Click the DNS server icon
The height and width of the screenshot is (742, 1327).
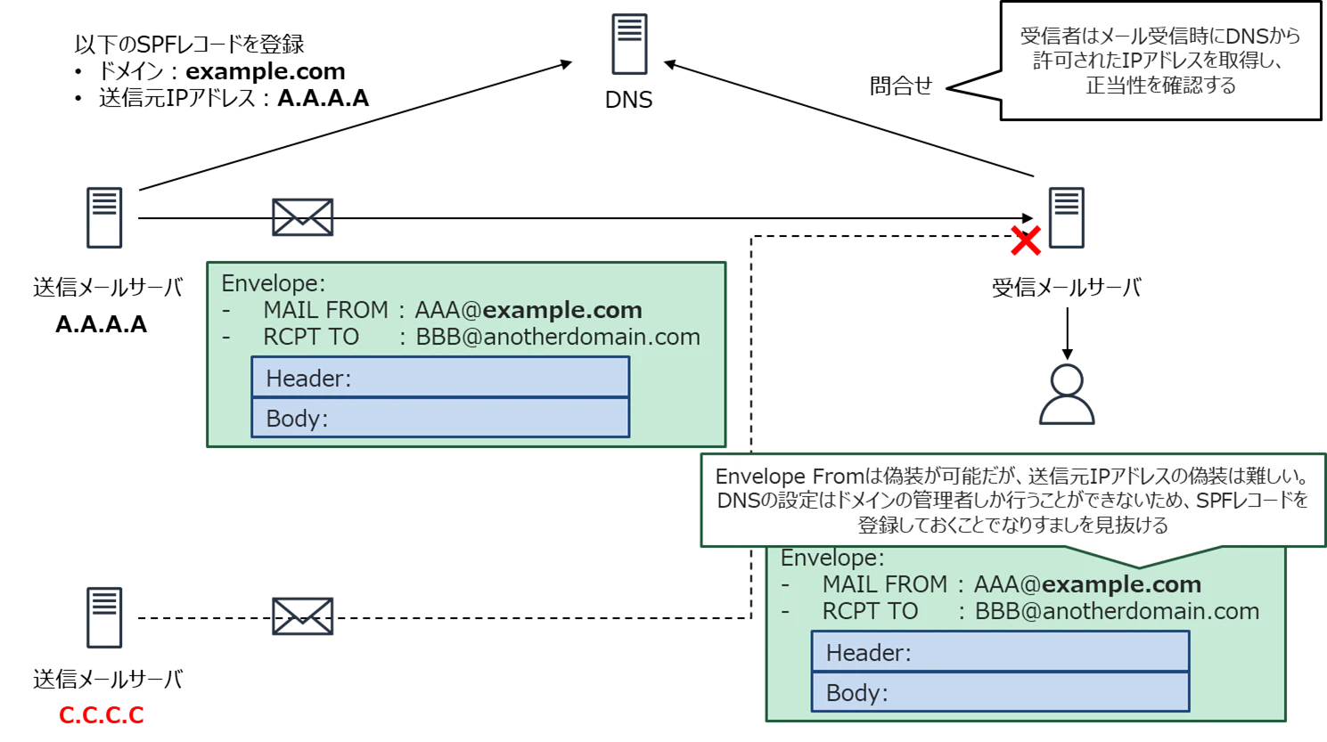(629, 44)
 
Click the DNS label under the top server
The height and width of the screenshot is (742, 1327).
(628, 100)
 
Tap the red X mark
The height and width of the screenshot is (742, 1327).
(1026, 241)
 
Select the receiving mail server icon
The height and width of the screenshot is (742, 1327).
(1067, 217)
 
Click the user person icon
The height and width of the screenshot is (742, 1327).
(1067, 394)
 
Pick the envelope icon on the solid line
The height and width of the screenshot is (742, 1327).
(303, 217)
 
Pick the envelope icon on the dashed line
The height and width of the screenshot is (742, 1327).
(303, 616)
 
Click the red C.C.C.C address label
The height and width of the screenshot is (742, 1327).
(102, 714)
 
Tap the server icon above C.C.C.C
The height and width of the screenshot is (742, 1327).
(104, 617)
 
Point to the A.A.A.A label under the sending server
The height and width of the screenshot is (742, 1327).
(102, 324)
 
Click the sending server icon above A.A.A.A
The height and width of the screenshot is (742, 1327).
(104, 217)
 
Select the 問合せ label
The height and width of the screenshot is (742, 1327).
(901, 86)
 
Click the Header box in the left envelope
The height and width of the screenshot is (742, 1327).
(440, 377)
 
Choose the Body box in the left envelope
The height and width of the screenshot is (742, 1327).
(440, 418)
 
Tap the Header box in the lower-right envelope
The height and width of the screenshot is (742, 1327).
(1001, 651)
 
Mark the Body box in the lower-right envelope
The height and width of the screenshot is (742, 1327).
(1001, 691)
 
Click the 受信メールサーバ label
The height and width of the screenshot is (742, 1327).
(1067, 288)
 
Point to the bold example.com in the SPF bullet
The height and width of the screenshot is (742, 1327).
(266, 71)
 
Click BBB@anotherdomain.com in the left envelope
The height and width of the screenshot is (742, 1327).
(558, 337)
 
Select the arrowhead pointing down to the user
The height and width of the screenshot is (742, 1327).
(1068, 355)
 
